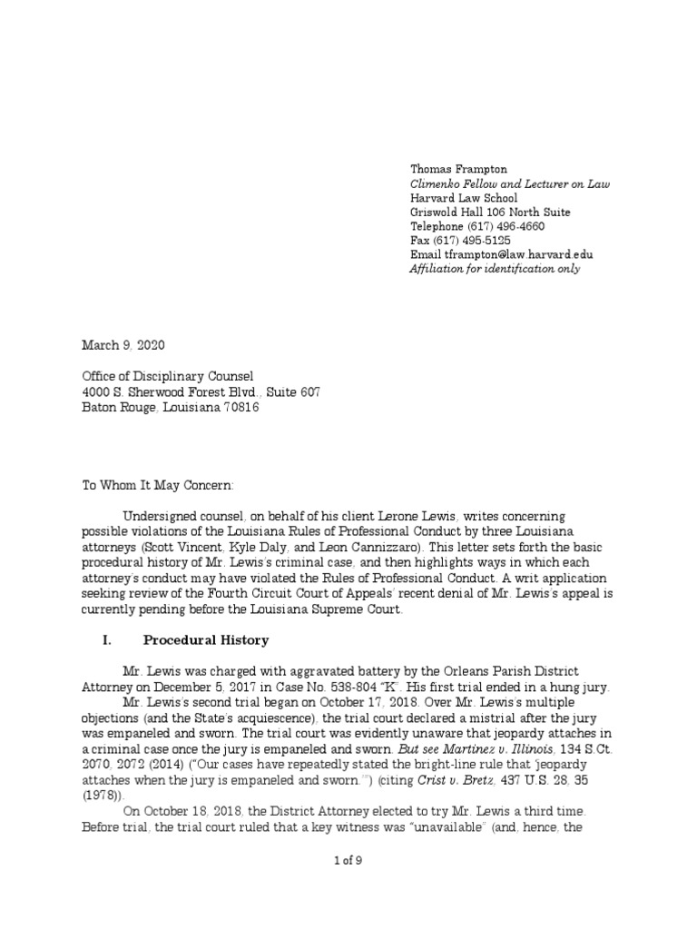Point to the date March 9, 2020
(124, 346)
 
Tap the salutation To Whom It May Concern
(158, 485)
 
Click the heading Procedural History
(205, 640)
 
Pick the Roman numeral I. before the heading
(106, 640)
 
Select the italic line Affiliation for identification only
(495, 269)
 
